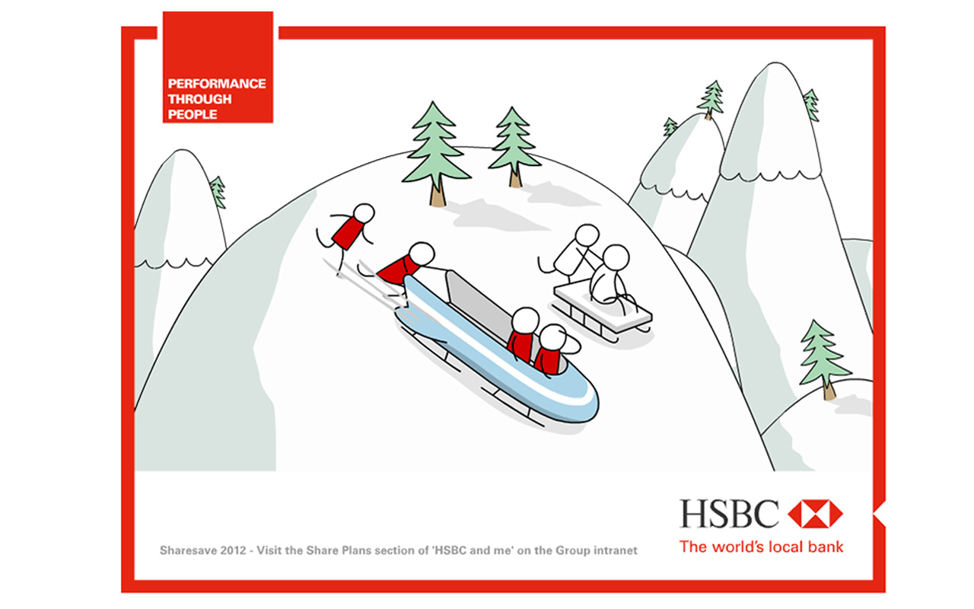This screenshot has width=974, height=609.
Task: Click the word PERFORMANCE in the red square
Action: click(217, 84)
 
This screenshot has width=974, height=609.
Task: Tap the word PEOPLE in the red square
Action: click(193, 114)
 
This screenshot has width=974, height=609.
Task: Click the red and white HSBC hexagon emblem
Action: click(815, 514)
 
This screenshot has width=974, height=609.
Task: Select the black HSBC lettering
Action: click(730, 514)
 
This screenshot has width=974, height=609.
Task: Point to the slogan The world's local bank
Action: click(761, 546)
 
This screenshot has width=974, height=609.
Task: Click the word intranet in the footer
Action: click(615, 550)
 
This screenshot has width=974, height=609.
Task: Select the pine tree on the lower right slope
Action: click(824, 358)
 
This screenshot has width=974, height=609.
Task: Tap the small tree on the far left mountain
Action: click(218, 191)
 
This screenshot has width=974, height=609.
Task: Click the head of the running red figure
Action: click(365, 214)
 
